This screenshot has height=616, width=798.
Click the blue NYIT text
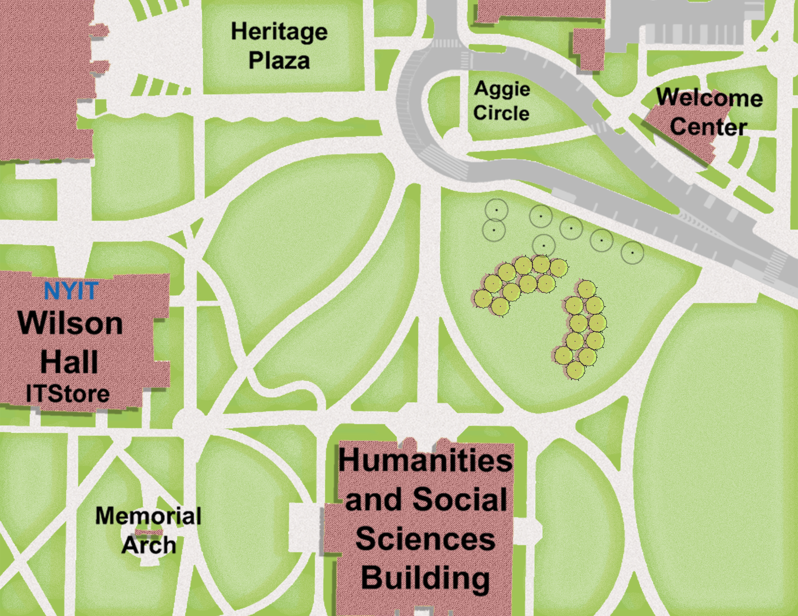(71, 291)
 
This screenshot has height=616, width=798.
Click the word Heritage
(279, 32)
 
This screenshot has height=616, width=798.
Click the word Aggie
(502, 89)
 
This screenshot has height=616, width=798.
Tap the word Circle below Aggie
(501, 113)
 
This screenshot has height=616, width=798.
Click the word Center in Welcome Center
(708, 127)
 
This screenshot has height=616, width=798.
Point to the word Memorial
(148, 516)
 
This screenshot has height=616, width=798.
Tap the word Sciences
(425, 539)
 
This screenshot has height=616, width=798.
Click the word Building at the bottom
(425, 578)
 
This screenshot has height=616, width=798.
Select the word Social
(460, 499)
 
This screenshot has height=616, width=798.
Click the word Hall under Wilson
(69, 361)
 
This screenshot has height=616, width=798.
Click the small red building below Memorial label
(149, 532)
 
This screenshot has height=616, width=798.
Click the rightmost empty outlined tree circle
(633, 252)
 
